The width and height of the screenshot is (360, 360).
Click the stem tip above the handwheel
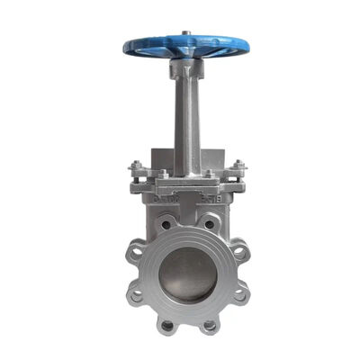pos(184,33)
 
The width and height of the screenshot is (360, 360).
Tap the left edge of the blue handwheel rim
pos(123,46)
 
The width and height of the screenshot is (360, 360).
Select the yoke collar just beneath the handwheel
pos(185,67)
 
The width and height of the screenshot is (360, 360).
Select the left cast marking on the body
pos(163,191)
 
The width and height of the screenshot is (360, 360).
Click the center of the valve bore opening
pos(187,274)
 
